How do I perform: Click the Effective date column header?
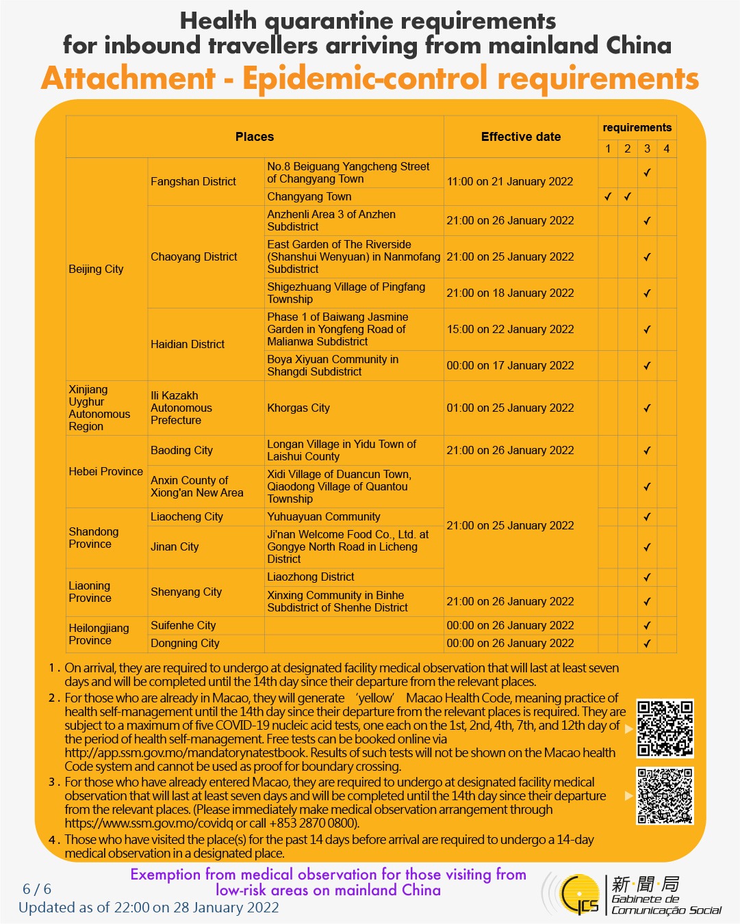point(520,137)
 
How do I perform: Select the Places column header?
point(254,137)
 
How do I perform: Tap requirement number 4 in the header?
point(666,148)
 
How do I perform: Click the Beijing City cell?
point(96,269)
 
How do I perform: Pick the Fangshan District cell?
point(193,181)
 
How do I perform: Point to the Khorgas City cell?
point(298,408)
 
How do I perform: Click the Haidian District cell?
point(188,344)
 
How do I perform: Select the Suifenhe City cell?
point(183,625)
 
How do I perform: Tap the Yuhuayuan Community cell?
point(324,516)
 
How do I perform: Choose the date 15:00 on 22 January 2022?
point(510,329)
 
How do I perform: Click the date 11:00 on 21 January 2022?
point(510,181)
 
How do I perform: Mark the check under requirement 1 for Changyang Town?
point(608,197)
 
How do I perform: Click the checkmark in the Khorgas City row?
point(647,408)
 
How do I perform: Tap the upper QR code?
point(665,728)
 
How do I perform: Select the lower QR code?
point(665,795)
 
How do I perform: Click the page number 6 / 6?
point(37,889)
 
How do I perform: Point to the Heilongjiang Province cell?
point(99,634)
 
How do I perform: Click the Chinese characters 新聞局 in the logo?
point(645,884)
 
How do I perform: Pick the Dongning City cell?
point(185,643)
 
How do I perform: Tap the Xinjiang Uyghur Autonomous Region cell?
point(99,408)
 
